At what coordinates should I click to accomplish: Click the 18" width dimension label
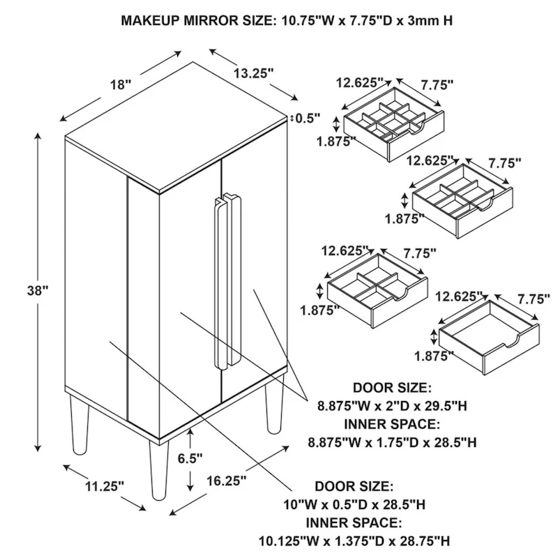point(120,85)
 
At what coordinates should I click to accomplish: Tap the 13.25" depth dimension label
point(252,72)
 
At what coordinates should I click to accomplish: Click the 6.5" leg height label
point(190,458)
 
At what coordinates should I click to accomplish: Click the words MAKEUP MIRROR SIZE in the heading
point(197,20)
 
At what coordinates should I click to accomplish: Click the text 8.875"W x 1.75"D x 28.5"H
point(392,441)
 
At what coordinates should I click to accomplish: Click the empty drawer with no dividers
point(488,335)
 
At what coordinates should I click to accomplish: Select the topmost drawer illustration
point(393,123)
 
